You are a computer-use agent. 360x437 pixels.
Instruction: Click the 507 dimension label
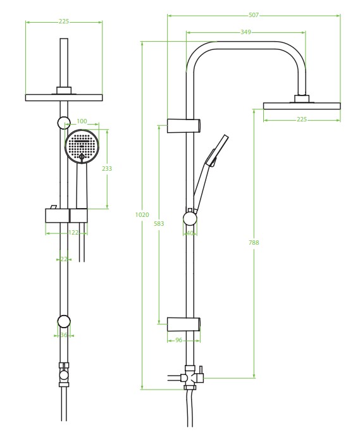pos(254,15)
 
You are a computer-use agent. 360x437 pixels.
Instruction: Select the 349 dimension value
pos(245,32)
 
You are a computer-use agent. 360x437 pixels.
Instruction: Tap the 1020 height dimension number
pos(142,214)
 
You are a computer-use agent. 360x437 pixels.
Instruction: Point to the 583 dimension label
pos(159,223)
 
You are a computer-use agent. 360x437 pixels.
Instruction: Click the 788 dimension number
pos(254,242)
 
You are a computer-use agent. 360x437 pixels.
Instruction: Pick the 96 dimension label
pos(179,340)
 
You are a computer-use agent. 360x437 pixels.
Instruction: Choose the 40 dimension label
pos(190,233)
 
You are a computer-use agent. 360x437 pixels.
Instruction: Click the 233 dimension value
pos(107,168)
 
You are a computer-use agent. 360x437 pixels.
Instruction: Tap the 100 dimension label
pos(82,121)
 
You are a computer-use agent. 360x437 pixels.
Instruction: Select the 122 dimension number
pos(73,233)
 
